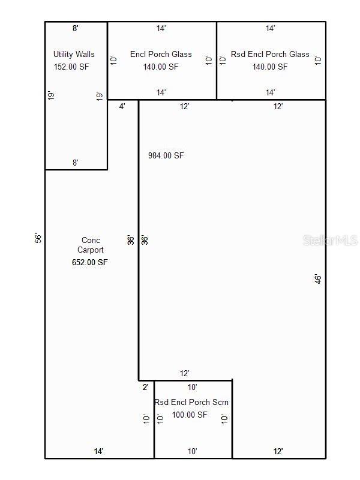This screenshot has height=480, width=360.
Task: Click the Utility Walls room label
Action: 74,54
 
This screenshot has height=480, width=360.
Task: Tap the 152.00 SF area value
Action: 71,67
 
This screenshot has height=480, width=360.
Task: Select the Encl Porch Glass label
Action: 161,54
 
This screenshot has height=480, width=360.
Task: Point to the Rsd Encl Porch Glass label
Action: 270,54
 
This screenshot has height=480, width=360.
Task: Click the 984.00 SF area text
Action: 166,155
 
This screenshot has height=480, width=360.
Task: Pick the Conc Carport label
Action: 91,245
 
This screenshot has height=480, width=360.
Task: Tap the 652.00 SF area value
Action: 90,262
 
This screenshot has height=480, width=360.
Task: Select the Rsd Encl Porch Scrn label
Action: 191,403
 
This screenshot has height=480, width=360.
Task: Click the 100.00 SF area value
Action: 190,415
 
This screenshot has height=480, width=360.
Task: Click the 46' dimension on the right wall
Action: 317,278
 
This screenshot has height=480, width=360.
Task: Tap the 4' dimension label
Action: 122,106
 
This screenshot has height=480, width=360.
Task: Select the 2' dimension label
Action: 145,387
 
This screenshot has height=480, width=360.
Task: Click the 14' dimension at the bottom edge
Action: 98,451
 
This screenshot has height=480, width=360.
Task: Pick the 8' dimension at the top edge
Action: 76,28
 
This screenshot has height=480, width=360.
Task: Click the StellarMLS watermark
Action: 330,240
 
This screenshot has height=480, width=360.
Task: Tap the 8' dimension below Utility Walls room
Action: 76,163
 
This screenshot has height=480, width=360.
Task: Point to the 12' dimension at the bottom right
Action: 278,451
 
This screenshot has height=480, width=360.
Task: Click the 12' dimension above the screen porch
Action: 185,373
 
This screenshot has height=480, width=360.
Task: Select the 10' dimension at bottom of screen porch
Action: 193,451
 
